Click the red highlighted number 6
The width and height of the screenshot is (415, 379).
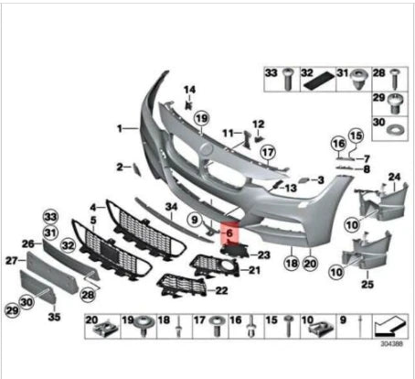pos(230,235)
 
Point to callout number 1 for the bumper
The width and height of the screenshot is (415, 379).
pos(120,128)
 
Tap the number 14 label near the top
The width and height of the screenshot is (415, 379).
pos(190,89)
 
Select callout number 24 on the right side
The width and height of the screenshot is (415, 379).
pos(395,176)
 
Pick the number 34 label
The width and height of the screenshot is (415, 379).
pos(170,206)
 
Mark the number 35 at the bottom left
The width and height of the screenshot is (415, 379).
pos(54,318)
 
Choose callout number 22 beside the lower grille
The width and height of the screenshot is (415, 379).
pos(222,291)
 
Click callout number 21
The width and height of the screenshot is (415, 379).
pos(255,271)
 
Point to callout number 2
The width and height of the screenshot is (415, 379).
pos(120,167)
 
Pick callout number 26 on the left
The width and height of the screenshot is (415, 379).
pos(28,244)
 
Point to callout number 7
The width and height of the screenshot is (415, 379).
pos(366,158)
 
